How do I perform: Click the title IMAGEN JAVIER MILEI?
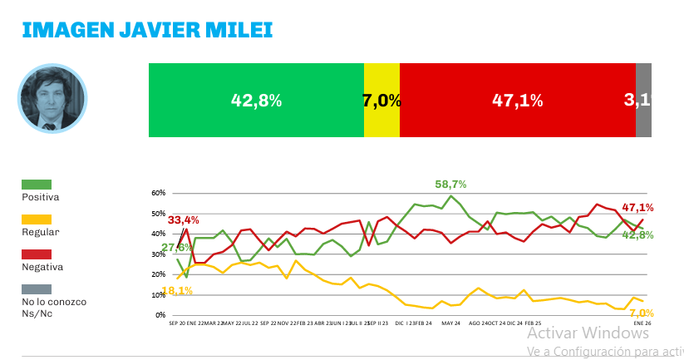coord(146,31)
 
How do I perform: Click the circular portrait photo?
coord(52,99)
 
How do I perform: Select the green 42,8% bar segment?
coord(256,101)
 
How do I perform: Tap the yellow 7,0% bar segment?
coord(381,101)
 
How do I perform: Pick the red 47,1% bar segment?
coord(517,101)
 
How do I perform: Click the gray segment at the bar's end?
coord(643,101)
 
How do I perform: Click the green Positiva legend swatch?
coord(37,184)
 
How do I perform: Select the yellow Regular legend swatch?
coord(37,219)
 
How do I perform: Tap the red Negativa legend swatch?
coord(37,254)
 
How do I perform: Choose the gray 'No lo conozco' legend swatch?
coord(37,288)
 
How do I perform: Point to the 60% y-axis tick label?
coord(158,193)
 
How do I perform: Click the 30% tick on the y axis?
coord(158,254)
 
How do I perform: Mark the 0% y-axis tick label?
coord(160,315)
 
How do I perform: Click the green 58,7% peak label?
coord(450,184)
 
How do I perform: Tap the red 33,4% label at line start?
coord(184,220)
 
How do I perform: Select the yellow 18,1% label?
coord(177,290)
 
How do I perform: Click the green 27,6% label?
coord(178,247)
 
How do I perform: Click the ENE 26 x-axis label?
coord(642,323)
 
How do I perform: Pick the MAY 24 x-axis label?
coord(451,323)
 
